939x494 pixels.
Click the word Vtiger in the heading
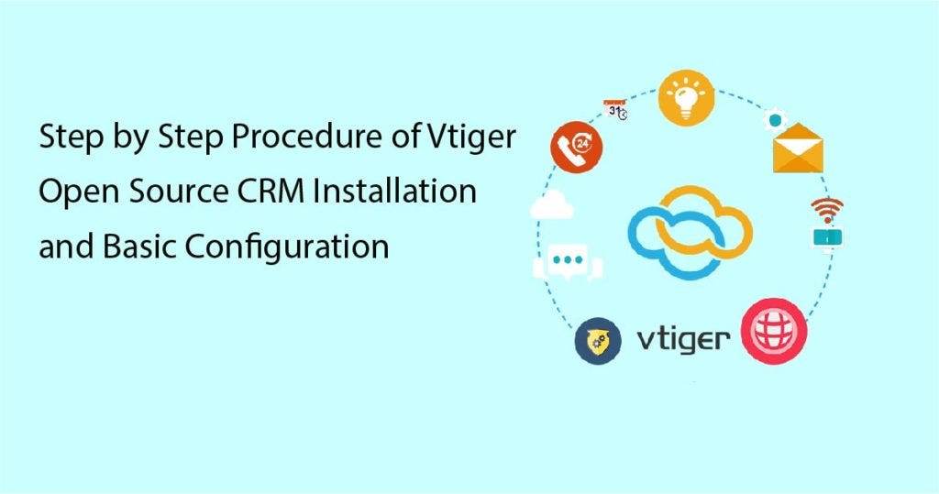click(474, 140)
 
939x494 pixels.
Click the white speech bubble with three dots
click(568, 261)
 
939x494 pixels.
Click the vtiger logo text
click(684, 340)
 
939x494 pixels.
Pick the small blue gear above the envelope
click(777, 120)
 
